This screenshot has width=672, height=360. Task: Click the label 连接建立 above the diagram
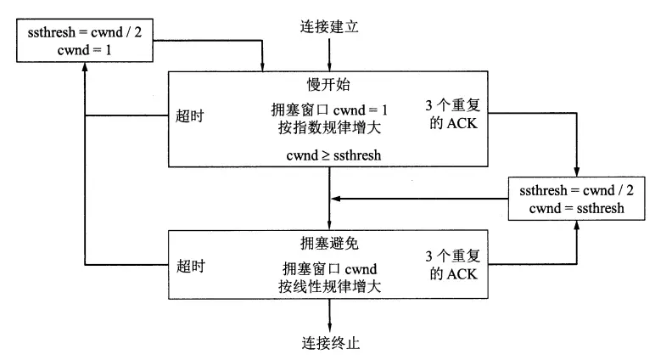(x=329, y=26)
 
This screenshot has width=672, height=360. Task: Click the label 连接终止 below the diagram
(x=329, y=343)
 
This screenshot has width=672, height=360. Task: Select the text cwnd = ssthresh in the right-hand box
(x=576, y=209)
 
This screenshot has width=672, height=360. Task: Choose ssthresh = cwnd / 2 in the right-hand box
(x=576, y=192)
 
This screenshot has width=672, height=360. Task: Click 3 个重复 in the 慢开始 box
(x=454, y=108)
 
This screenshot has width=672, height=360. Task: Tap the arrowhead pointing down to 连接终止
(x=329, y=325)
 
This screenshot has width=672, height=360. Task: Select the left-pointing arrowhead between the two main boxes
(x=337, y=200)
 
